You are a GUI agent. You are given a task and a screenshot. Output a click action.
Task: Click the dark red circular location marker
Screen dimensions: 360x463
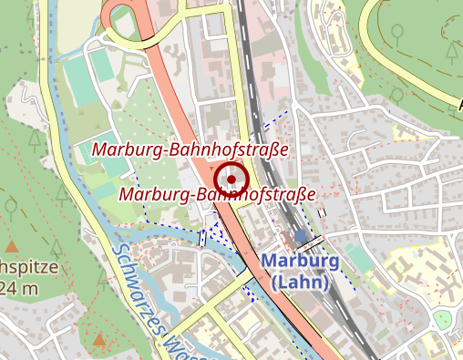pos(231,180)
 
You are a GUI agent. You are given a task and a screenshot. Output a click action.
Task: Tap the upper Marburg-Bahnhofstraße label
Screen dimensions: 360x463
pos(190,149)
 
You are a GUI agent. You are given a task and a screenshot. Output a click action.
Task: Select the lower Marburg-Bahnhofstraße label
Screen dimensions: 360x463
pos(217,194)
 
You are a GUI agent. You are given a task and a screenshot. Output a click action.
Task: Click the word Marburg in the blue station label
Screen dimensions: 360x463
pos(300,262)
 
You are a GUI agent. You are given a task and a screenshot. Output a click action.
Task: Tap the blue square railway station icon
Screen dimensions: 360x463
pos(301,238)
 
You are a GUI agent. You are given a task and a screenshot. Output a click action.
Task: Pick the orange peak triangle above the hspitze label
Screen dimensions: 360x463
pos(12,246)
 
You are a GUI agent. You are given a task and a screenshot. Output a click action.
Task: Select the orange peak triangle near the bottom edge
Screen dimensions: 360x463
pos(98,341)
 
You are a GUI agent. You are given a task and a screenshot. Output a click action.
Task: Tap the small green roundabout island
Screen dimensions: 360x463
pos(442,319)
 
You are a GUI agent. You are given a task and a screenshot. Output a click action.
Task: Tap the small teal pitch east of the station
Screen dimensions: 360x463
pos(359,259)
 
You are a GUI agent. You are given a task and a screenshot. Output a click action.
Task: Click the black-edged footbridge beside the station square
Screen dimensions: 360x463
pos(309,244)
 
